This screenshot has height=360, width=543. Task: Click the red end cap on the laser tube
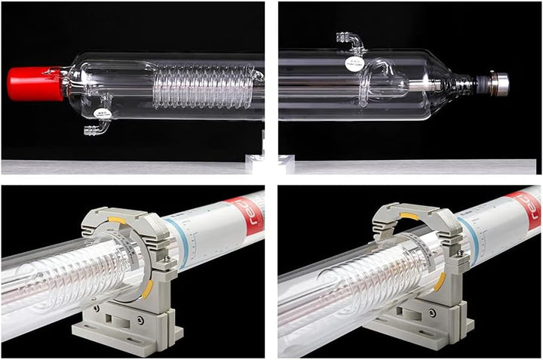pyautogui.click(x=35, y=84)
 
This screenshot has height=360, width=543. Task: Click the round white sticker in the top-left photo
pyautogui.click(x=103, y=115)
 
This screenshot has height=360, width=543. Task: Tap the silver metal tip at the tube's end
pyautogui.click(x=498, y=83)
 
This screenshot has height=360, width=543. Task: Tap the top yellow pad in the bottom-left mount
pyautogui.click(x=117, y=220)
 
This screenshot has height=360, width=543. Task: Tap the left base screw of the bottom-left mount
pyautogui.click(x=97, y=309)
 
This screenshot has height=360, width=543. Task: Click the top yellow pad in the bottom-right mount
pyautogui.click(x=408, y=217)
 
